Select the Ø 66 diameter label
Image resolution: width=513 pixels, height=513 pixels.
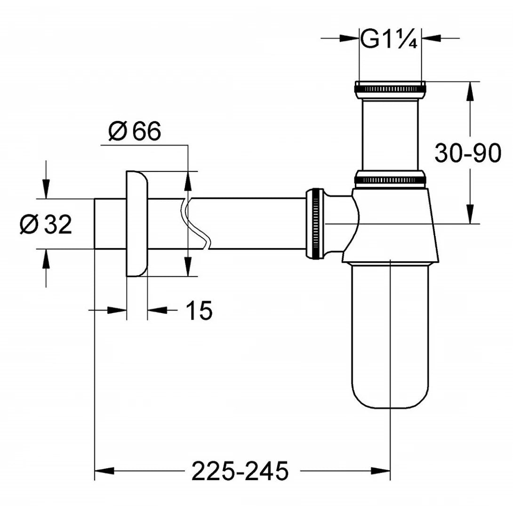point(134,131)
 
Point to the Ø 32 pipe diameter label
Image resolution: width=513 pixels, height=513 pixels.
point(46,225)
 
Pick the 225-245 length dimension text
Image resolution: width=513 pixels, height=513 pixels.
point(240,471)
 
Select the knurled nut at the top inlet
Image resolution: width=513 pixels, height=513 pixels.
point(390,88)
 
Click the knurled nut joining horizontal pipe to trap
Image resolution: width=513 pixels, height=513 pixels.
point(315,224)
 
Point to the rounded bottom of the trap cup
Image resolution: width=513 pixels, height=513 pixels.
point(390,395)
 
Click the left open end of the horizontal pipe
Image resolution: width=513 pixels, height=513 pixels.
point(96,224)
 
